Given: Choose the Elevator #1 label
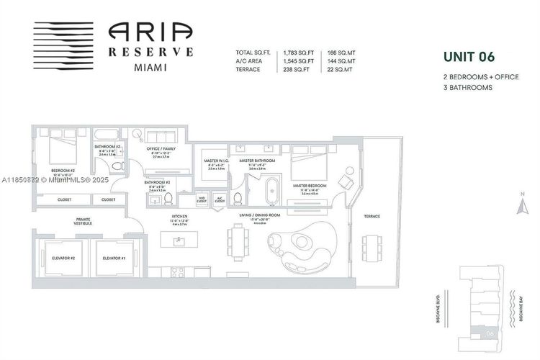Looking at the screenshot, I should [114, 257].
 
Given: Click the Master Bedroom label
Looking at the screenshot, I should [310, 185].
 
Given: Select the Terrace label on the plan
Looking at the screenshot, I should [372, 216].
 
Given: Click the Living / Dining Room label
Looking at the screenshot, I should [260, 215].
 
